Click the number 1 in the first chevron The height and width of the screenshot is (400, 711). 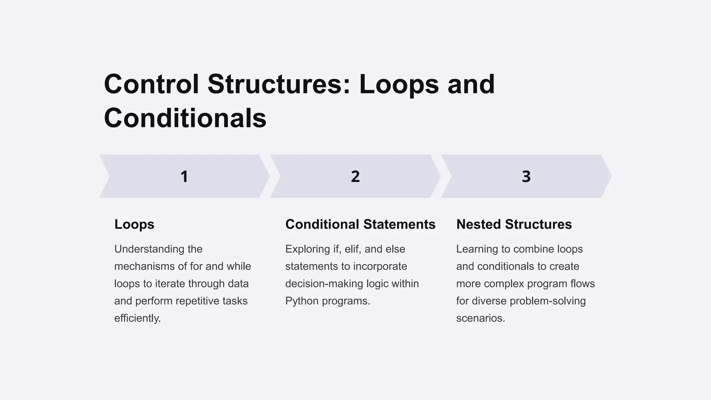[184, 176]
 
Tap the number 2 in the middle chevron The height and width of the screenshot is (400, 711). [355, 176]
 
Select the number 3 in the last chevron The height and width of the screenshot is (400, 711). [526, 176]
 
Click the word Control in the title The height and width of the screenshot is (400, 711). [151, 84]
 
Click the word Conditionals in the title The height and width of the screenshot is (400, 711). [185, 118]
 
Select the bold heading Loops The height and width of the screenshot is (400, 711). [134, 225]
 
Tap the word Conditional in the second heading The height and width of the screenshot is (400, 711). [322, 224]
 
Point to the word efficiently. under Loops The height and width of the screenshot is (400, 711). [137, 318]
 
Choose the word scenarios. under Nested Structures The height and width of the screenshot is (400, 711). [480, 318]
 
